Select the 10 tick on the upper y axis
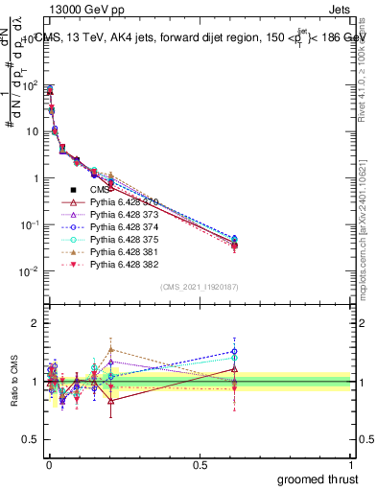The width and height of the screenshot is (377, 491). pos(33,132)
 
